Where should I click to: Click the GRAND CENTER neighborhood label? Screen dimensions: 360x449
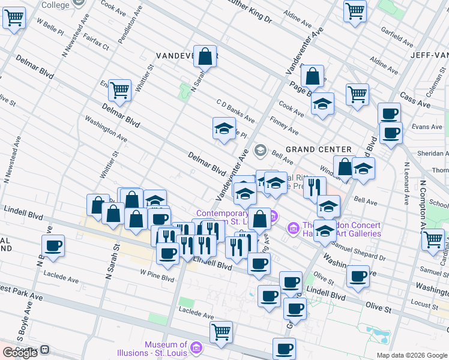(318, 149)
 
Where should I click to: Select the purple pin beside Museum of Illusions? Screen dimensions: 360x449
(196, 347)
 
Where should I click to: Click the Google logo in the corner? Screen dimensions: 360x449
(20, 353)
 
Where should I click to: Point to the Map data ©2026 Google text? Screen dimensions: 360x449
(412, 355)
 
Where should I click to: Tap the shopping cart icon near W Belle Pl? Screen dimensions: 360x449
(13, 17)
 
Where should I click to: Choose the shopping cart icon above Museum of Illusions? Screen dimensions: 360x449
(221, 331)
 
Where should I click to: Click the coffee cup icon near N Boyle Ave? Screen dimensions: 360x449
(53, 245)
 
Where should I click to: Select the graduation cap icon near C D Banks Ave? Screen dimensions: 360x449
(224, 128)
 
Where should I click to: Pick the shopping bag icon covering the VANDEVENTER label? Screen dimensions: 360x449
(205, 56)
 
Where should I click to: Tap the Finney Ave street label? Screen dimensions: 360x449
(284, 126)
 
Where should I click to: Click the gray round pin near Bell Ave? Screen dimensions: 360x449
(260, 149)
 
